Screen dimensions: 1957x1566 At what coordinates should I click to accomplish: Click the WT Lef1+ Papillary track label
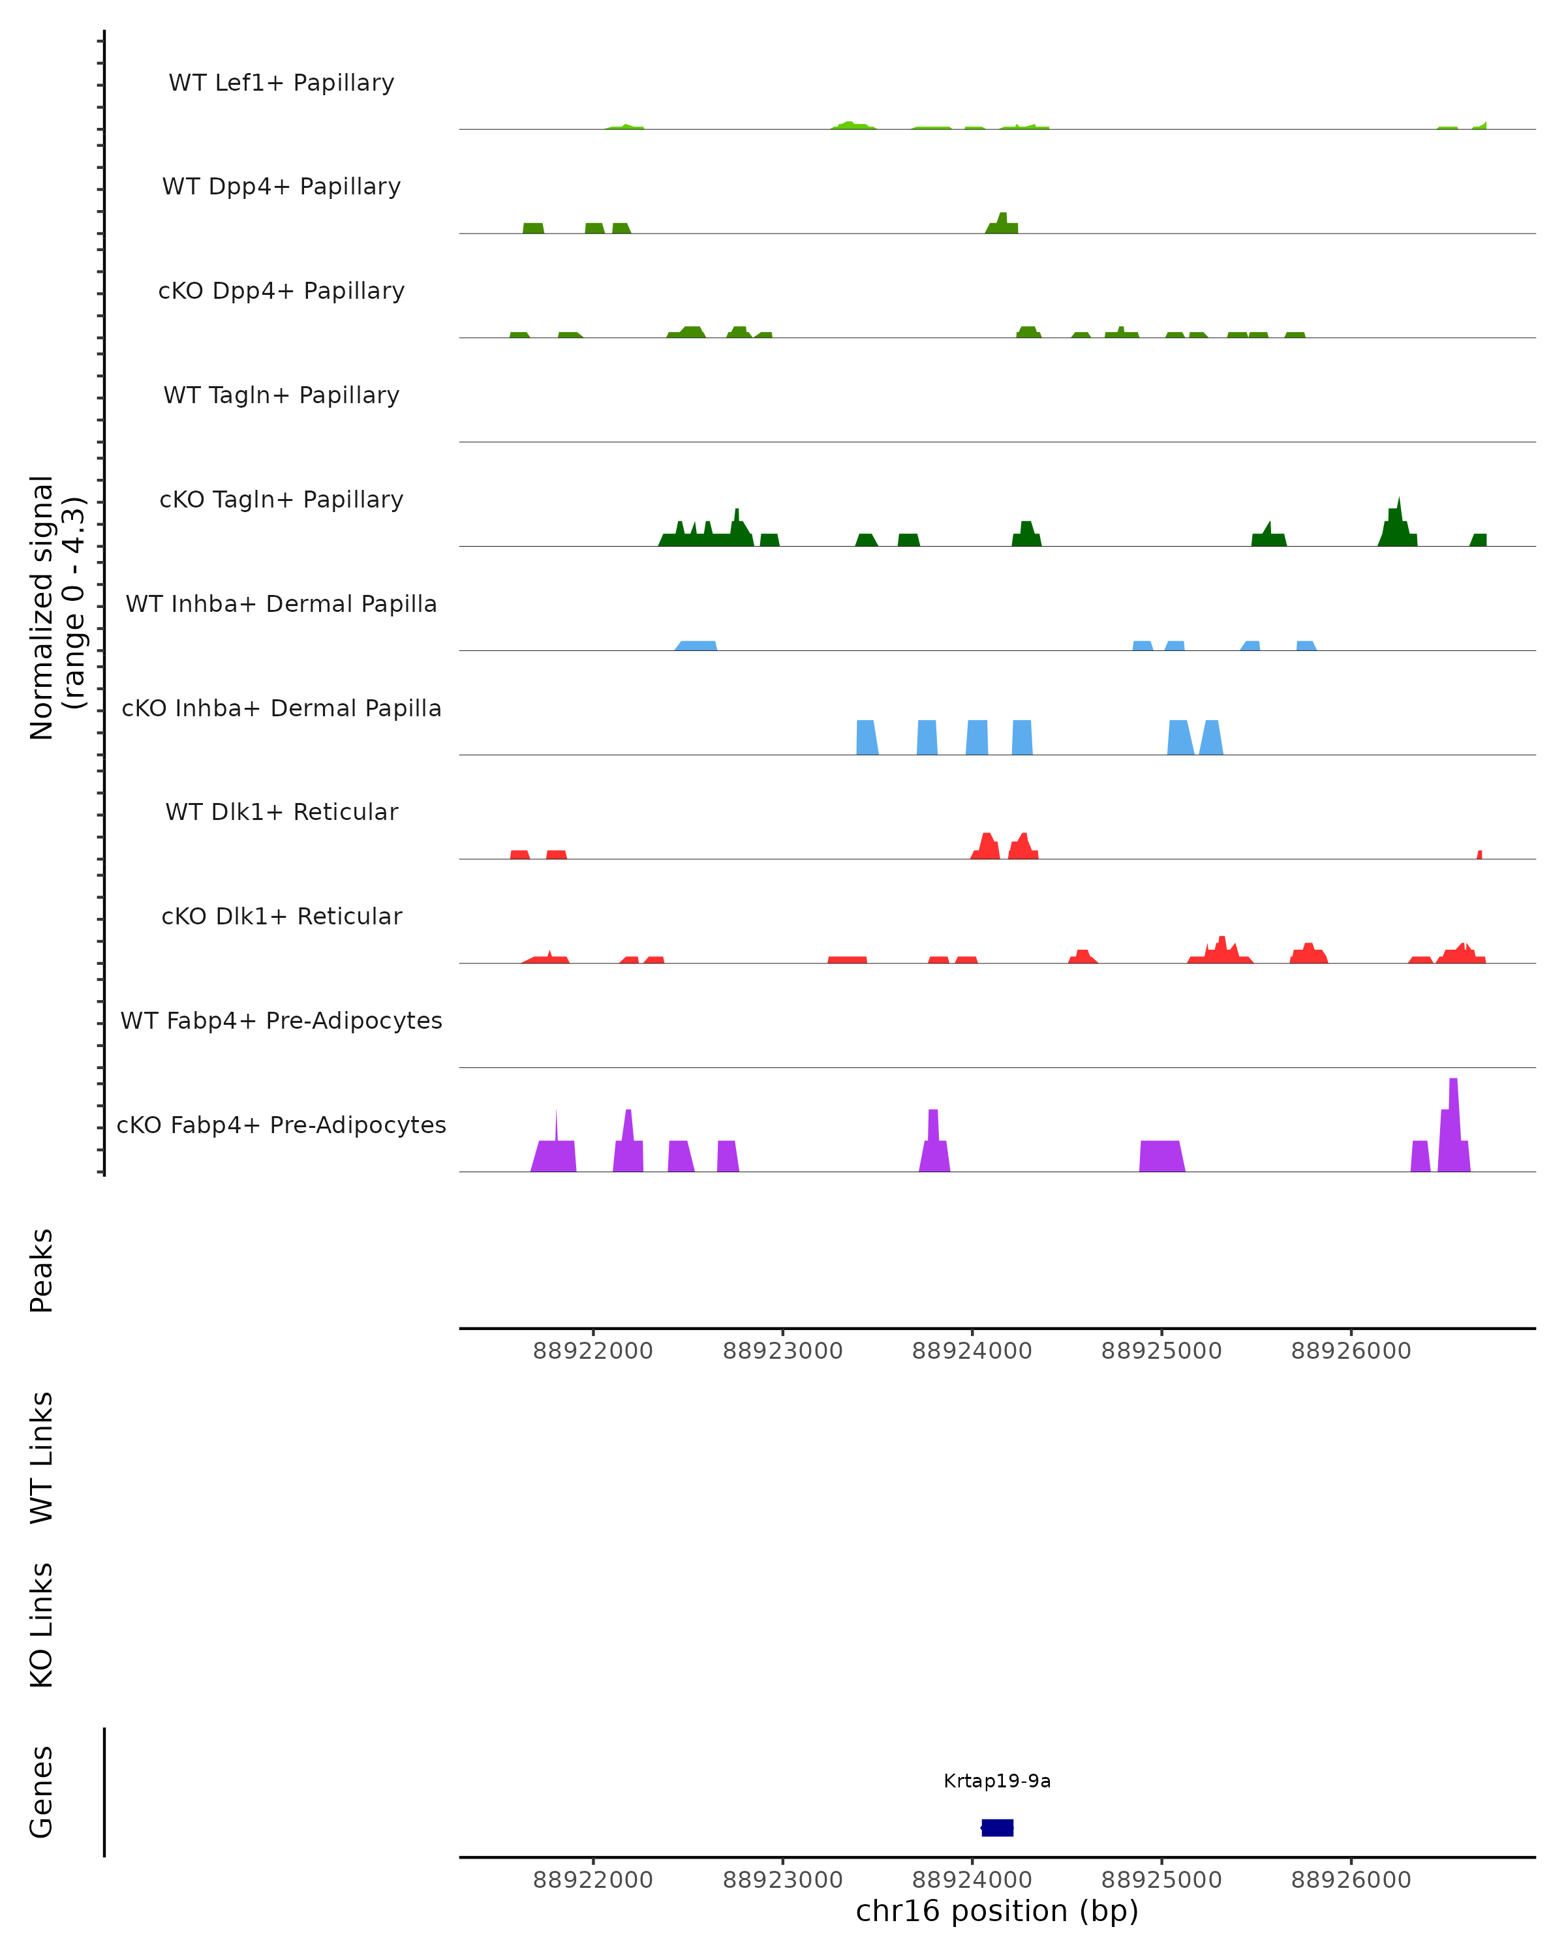[x=281, y=83]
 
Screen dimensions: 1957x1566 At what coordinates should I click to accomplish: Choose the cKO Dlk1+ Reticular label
[x=281, y=916]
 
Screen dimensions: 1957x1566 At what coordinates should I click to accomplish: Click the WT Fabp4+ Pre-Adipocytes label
[x=281, y=1020]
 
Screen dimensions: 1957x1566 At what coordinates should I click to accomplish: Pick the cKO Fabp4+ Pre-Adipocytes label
[x=281, y=1125]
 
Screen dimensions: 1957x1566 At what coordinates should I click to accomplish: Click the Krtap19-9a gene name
[x=997, y=1781]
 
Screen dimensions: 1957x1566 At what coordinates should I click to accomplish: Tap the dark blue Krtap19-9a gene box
[x=998, y=1828]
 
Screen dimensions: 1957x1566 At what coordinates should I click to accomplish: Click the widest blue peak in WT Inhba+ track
[x=696, y=645]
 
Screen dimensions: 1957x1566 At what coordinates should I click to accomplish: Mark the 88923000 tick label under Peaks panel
[x=782, y=1352]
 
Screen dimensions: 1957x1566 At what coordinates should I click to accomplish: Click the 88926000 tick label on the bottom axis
[x=1351, y=1880]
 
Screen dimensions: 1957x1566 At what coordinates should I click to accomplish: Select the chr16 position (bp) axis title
[x=997, y=1911]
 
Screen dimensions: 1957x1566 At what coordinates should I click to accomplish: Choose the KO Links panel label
[x=42, y=1625]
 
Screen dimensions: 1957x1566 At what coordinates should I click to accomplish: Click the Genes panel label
[x=42, y=1792]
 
